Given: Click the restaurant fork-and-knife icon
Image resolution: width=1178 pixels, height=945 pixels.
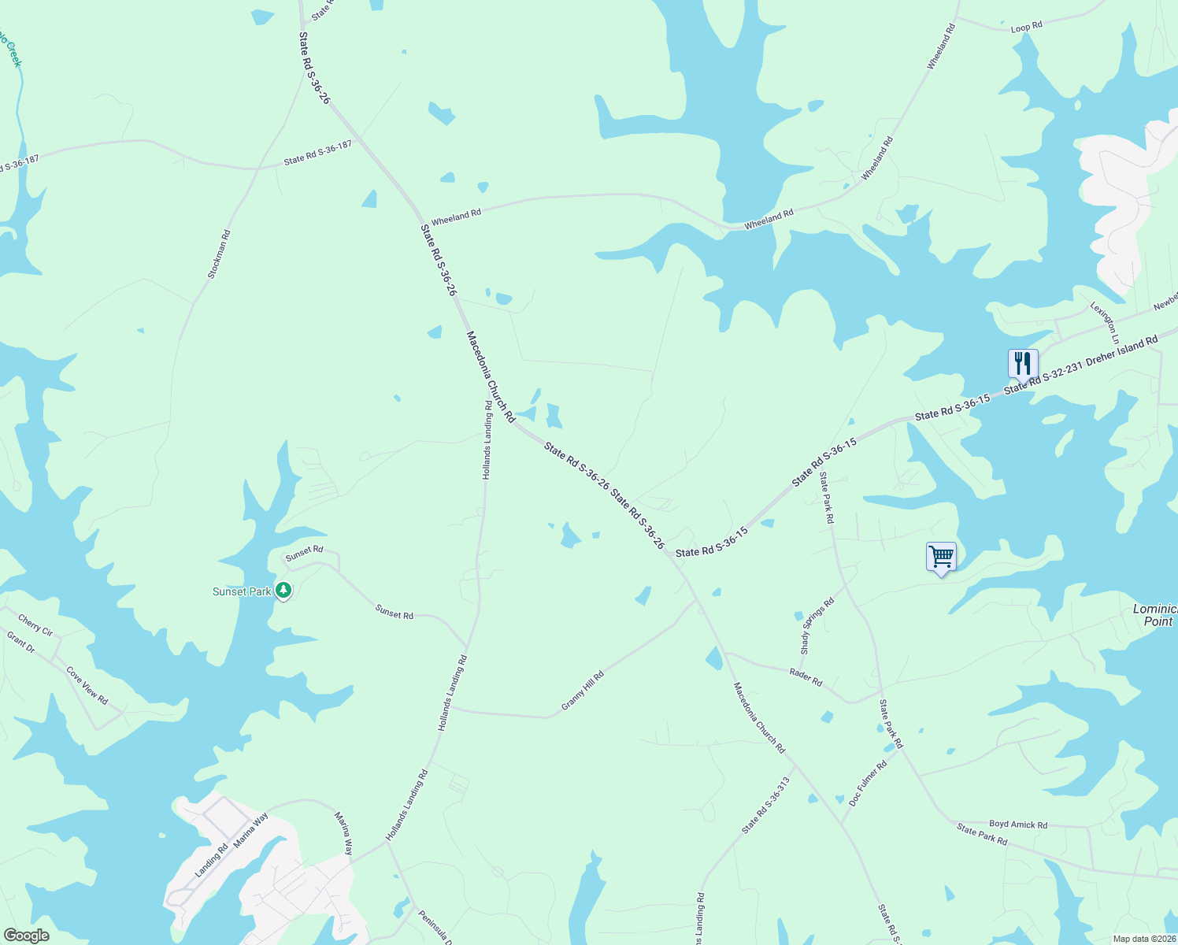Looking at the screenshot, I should coord(1023,364).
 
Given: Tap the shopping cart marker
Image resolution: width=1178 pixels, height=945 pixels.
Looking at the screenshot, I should coord(941,557).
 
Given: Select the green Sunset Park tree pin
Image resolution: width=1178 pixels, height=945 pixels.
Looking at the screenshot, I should coord(283,590).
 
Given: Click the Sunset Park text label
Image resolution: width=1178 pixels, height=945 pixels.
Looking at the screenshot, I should coord(242,591).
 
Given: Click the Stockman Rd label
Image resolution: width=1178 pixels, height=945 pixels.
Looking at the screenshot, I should coord(219,254).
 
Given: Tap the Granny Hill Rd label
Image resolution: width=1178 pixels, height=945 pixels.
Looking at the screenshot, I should coord(583,691).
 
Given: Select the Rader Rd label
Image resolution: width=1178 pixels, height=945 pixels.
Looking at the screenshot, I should coord(806,676).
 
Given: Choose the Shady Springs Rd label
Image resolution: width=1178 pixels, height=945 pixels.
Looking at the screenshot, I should coord(817,627).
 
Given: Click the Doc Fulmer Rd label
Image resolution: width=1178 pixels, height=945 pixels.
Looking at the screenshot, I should coord(868,783).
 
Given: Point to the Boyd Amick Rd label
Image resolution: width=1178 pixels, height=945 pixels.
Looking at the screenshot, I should coord(1018,825).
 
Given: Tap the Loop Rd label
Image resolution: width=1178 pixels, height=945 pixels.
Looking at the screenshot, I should coord(1026,27).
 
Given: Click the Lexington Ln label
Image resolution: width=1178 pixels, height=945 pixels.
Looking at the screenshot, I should coord(1103,323).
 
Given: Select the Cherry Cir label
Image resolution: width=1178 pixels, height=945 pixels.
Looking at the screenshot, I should coord(35,626).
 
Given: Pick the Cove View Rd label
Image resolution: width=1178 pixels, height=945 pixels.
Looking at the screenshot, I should coord(87,686).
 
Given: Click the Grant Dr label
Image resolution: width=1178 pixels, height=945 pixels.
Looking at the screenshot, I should coord(21,643).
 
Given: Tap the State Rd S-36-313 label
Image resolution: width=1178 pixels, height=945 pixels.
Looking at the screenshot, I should coord(765,806).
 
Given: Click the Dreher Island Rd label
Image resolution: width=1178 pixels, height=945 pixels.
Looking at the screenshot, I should coord(1121,352).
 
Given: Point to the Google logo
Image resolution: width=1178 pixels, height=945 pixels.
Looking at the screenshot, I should coord(26,936).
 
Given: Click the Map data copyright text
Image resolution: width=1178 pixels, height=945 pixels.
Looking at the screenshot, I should coord(1144,939).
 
